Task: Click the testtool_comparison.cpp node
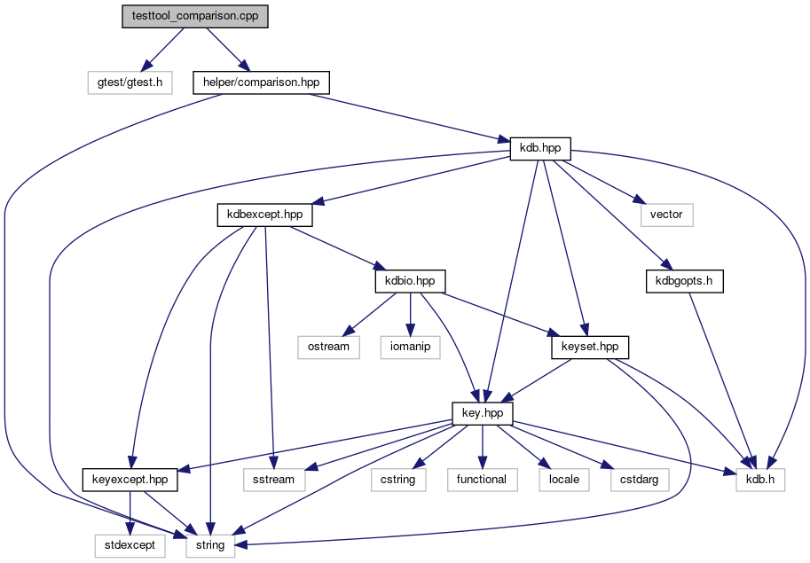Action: [195, 16]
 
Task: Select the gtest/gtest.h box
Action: [130, 82]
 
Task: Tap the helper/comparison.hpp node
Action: [261, 82]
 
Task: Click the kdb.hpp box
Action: [540, 149]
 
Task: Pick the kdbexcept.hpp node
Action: [264, 215]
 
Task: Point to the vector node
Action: [666, 215]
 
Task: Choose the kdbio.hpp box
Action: [410, 281]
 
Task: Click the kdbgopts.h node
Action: [684, 281]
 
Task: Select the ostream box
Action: [328, 348]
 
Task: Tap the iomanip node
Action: [410, 348]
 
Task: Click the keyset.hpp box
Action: [590, 348]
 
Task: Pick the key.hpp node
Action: [483, 414]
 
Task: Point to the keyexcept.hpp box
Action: [130, 480]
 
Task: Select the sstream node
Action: [274, 480]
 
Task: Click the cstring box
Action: [398, 480]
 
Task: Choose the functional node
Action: [482, 480]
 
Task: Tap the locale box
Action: [564, 480]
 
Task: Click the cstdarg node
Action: [640, 480]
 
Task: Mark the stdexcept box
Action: [130, 546]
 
